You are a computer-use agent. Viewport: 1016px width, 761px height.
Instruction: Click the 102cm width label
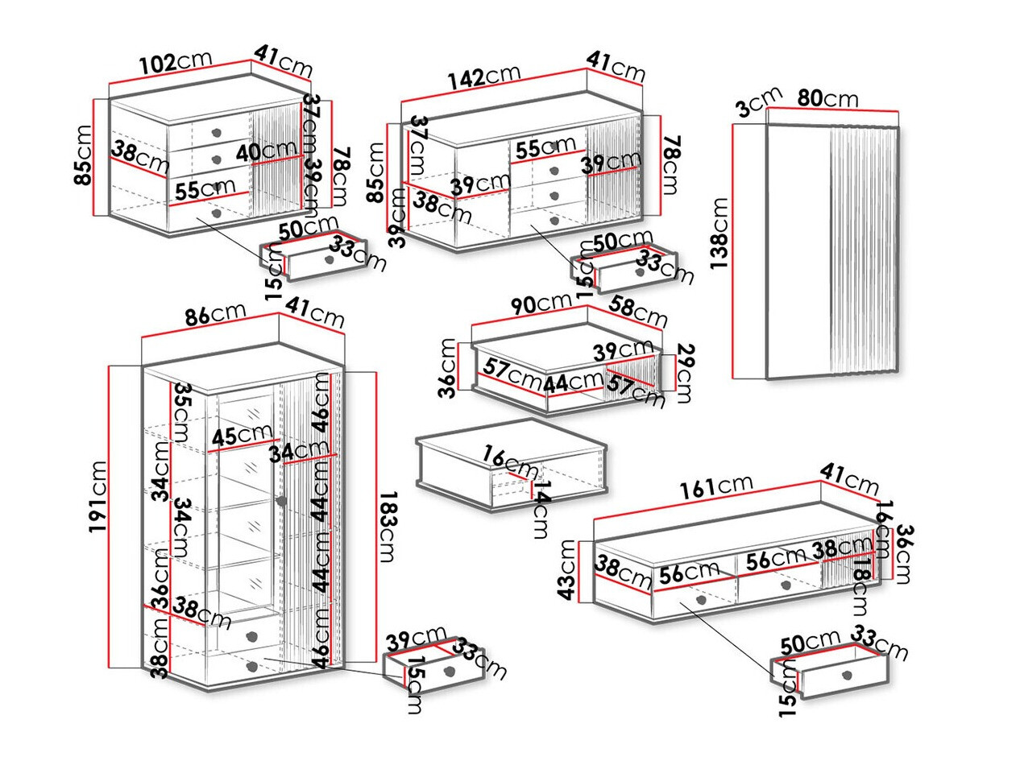click(176, 63)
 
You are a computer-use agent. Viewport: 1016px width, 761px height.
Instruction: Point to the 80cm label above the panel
click(827, 99)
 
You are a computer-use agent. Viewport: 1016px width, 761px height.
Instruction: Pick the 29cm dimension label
click(684, 373)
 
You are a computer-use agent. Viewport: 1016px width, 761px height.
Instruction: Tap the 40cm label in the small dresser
click(267, 151)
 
